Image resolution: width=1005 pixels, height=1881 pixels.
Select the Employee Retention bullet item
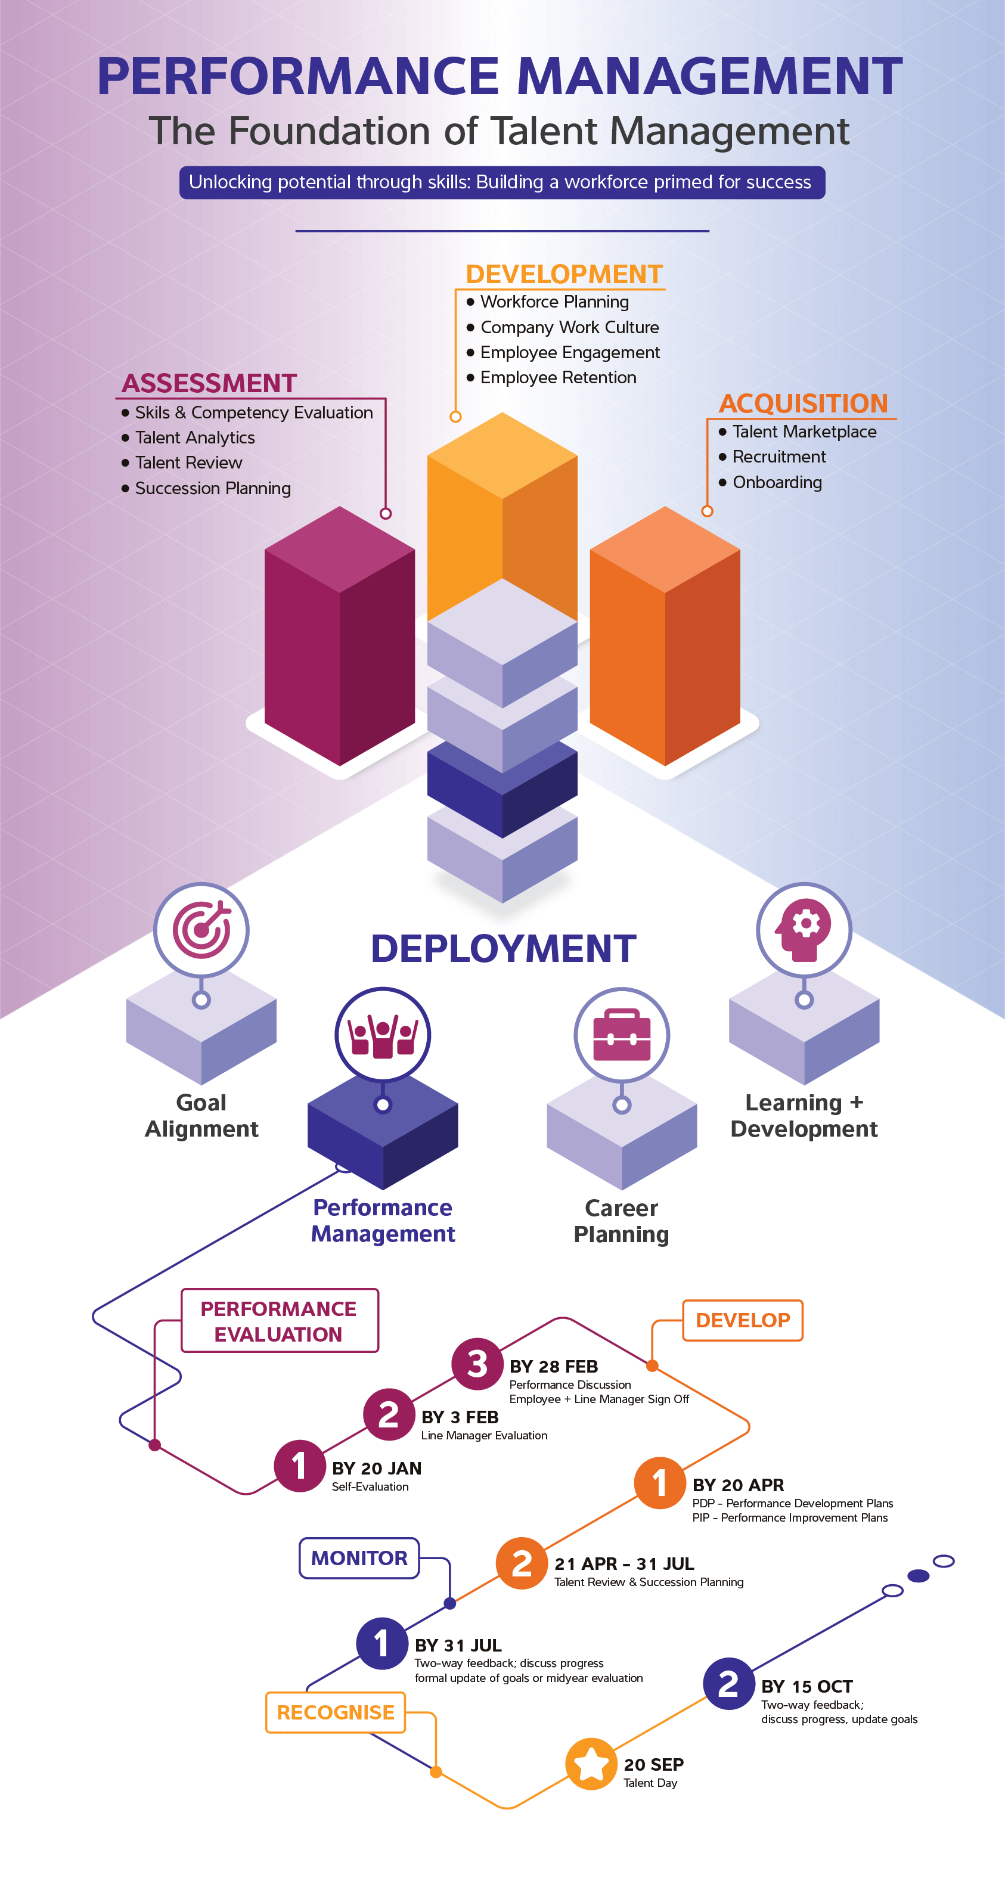click(558, 377)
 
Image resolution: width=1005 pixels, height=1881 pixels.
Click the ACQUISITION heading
click(803, 403)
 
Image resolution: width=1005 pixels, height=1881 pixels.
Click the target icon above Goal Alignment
click(201, 930)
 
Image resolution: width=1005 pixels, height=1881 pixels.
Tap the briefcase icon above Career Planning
click(622, 1035)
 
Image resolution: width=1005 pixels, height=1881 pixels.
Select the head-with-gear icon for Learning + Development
click(804, 930)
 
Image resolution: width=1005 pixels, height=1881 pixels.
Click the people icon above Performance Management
click(383, 1035)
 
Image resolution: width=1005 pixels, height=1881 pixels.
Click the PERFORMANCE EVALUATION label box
click(279, 1321)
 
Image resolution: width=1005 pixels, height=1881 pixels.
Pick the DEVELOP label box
click(742, 1320)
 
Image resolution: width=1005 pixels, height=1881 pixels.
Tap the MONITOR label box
click(359, 1558)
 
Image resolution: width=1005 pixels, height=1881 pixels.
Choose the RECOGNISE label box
click(335, 1712)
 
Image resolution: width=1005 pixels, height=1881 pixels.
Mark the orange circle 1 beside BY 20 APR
click(659, 1483)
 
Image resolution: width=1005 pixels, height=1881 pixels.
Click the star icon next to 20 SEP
click(591, 1764)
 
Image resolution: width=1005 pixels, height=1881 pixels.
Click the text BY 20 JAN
click(376, 1469)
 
